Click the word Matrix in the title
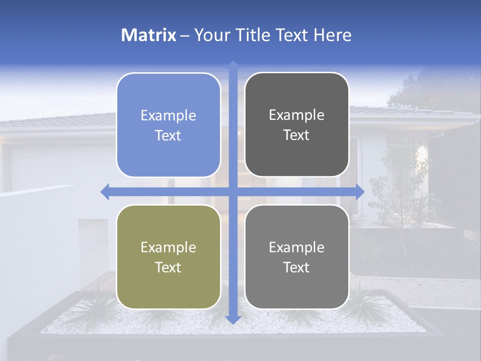tap(149, 35)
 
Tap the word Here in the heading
tap(332, 35)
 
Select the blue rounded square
tap(168, 125)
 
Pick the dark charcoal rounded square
tap(297, 125)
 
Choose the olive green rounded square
tap(168, 257)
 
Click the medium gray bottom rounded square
tap(297, 257)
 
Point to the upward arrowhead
tap(233, 65)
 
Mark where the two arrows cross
tap(233, 192)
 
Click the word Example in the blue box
tap(168, 116)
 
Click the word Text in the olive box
tap(168, 267)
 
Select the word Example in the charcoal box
tap(297, 115)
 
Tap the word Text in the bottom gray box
tap(297, 267)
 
